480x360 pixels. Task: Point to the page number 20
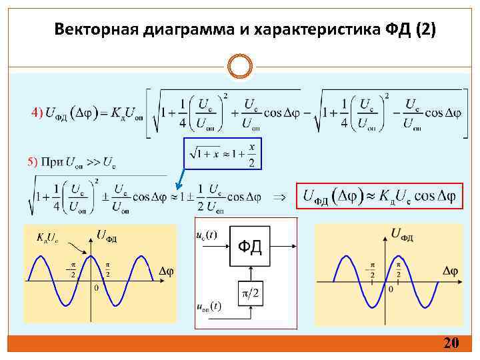pyautogui.click(x=451, y=343)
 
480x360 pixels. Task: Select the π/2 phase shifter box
pyautogui.click(x=250, y=293)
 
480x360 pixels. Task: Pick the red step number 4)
pyautogui.click(x=37, y=111)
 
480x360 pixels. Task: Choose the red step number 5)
pyautogui.click(x=33, y=161)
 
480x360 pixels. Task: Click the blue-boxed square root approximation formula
pyautogui.click(x=223, y=155)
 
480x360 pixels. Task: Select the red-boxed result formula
pyautogui.click(x=379, y=195)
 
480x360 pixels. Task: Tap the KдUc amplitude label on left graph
pyautogui.click(x=48, y=237)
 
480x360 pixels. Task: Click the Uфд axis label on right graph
pyautogui.click(x=402, y=233)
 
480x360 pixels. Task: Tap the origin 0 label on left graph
pyautogui.click(x=96, y=288)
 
